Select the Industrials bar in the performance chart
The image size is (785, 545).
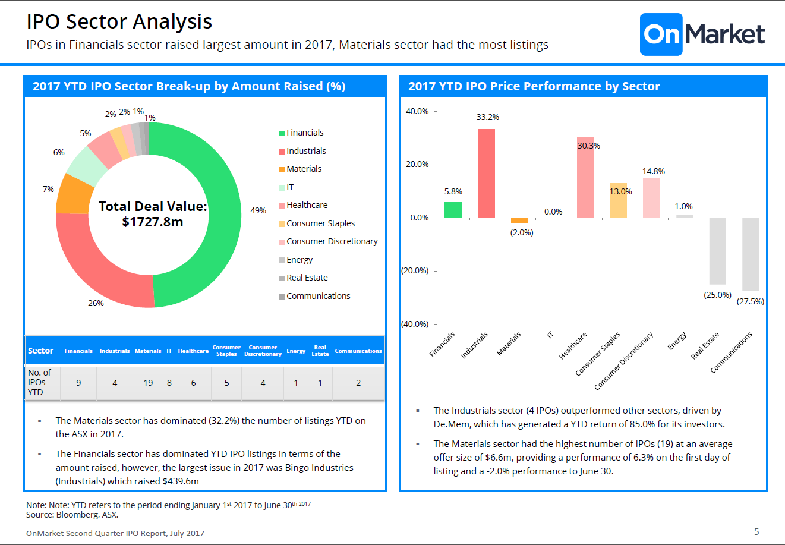click(486, 173)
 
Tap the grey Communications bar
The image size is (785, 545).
click(751, 254)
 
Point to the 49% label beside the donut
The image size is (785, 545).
click(258, 210)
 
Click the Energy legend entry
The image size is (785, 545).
click(299, 260)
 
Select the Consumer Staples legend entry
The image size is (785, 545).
click(320, 223)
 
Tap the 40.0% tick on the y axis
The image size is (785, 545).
click(417, 111)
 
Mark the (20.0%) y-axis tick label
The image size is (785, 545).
click(415, 270)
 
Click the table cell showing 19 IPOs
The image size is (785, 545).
click(148, 383)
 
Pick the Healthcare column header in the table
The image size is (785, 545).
click(193, 351)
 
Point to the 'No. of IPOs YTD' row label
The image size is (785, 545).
click(39, 382)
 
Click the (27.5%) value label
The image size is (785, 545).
click(751, 301)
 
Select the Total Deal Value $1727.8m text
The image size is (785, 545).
click(153, 214)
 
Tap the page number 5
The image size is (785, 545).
click(756, 531)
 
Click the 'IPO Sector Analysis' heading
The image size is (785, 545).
click(119, 21)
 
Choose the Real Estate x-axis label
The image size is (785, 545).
click(705, 345)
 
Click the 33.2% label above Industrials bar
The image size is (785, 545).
click(487, 117)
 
